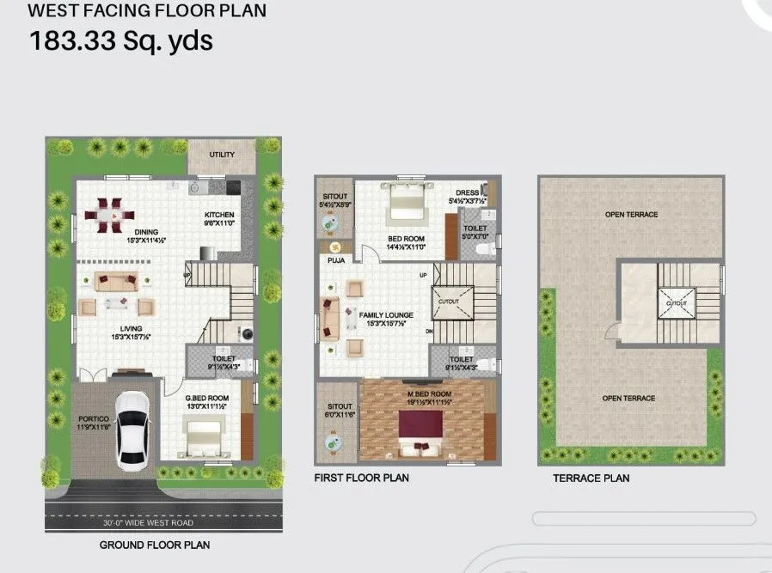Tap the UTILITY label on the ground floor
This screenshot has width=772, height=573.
click(x=222, y=155)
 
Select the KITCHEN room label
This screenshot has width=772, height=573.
click(x=219, y=215)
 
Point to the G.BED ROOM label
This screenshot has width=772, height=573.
click(x=207, y=398)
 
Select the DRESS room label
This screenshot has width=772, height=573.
click(x=467, y=193)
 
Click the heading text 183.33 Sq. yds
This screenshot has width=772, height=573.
click(x=121, y=40)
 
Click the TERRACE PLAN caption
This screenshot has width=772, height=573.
click(x=591, y=479)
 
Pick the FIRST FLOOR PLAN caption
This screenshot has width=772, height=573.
click(x=361, y=478)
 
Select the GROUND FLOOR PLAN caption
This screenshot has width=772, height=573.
click(x=154, y=545)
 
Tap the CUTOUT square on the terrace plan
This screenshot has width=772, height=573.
click(x=677, y=302)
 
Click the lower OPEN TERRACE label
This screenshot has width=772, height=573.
click(x=628, y=398)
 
